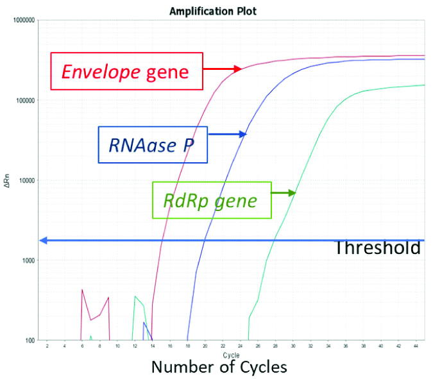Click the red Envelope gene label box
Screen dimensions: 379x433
[126, 71]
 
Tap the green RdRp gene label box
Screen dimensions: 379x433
[210, 201]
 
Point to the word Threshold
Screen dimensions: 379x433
[377, 248]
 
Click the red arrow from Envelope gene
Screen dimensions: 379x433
[222, 69]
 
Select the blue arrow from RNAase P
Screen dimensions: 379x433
[228, 134]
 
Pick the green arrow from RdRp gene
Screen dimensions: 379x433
[283, 192]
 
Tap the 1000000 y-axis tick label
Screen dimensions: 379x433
[22, 21]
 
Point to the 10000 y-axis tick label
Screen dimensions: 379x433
[26, 180]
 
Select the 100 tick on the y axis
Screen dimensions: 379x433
[29, 341]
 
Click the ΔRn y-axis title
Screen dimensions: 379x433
[7, 180]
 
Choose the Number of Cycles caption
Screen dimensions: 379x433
[218, 367]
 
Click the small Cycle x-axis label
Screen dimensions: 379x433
[230, 355]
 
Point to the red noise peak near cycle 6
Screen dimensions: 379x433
[82, 291]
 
